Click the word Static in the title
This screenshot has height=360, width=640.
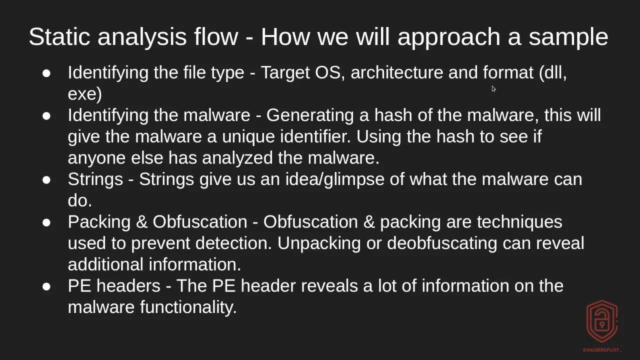pyautogui.click(x=58, y=37)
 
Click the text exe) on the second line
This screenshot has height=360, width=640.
pyautogui.click(x=84, y=94)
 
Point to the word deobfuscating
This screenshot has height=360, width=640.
pyautogui.click(x=441, y=243)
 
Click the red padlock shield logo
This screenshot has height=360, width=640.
pyautogui.click(x=602, y=321)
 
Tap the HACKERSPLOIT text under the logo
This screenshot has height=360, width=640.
pyautogui.click(x=602, y=350)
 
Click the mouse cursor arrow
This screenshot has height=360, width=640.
pyautogui.click(x=493, y=89)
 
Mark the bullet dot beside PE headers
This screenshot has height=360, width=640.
pyautogui.click(x=46, y=286)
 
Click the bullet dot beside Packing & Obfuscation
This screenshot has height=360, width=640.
pyautogui.click(x=46, y=222)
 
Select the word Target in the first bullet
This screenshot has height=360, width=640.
pyautogui.click(x=285, y=72)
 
